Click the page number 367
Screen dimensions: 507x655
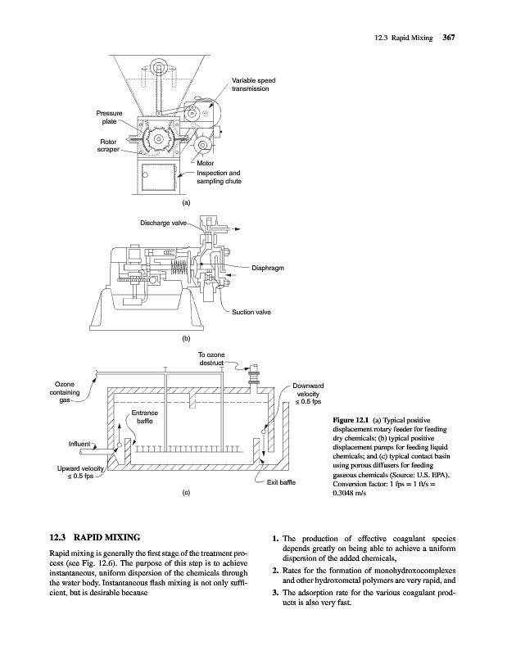(x=449, y=38)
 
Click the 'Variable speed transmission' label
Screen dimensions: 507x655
(x=254, y=84)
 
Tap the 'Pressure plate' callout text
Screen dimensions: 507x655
(x=110, y=117)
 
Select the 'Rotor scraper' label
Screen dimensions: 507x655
(x=108, y=146)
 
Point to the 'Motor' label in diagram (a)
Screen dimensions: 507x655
(x=206, y=163)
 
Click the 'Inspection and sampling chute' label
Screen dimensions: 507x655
(x=219, y=177)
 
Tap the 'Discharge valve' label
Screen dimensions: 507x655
(x=164, y=223)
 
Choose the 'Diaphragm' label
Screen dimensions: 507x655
(x=268, y=268)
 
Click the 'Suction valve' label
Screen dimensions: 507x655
(x=251, y=312)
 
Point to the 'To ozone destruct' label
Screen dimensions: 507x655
(x=211, y=359)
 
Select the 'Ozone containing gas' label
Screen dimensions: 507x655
(x=65, y=392)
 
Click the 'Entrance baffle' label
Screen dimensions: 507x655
(x=145, y=417)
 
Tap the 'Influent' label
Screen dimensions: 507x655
(x=79, y=444)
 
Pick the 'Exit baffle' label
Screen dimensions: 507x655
(x=281, y=482)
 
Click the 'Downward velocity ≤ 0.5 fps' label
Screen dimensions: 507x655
(x=308, y=394)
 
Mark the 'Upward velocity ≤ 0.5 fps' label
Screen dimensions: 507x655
(x=80, y=472)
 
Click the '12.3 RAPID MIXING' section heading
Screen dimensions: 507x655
(x=95, y=537)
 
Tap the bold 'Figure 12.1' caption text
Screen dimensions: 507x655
(x=350, y=420)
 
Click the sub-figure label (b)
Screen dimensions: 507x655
(x=186, y=338)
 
